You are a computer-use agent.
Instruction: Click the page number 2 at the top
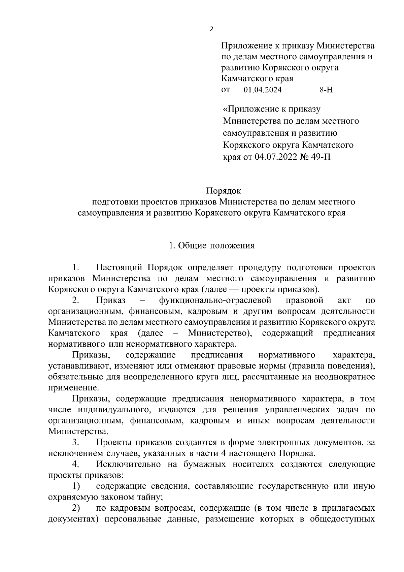coord(211,29)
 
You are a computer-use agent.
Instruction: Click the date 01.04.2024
coord(263,90)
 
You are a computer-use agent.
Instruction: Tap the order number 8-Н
coord(326,90)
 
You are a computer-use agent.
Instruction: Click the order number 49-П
coord(320,157)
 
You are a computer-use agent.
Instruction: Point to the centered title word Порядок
coord(224,191)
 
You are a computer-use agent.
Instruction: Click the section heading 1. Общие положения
coord(212,246)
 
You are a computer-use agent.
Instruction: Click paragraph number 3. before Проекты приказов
coord(75,442)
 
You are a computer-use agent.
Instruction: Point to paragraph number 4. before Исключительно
coord(75,464)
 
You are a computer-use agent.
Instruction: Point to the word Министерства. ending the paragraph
coord(78,432)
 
